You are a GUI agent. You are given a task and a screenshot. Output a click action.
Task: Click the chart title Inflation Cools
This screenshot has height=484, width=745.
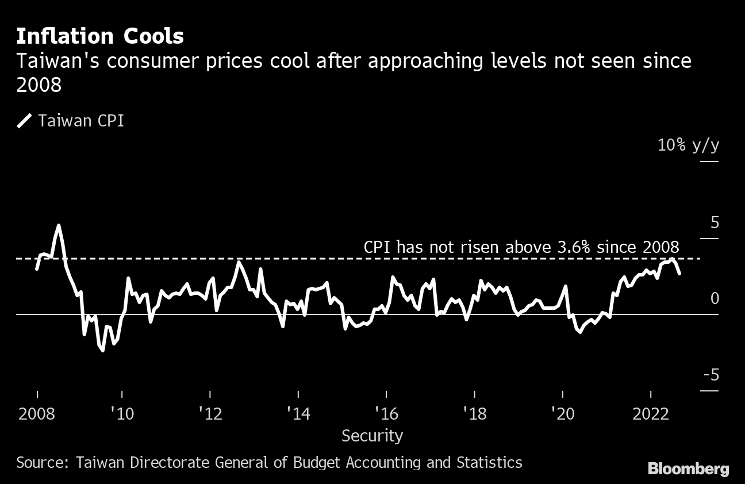click(100, 36)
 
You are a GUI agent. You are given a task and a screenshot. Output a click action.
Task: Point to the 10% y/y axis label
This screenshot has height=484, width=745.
click(688, 145)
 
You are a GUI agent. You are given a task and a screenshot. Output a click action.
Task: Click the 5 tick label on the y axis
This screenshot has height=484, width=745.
click(715, 223)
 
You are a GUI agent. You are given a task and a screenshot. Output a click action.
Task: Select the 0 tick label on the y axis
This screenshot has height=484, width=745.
click(715, 299)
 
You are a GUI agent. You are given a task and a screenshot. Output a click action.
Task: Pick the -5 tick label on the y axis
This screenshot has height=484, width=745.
click(711, 375)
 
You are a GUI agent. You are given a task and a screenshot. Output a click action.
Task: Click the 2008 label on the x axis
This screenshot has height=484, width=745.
click(37, 414)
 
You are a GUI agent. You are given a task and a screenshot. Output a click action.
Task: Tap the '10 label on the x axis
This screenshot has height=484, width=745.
click(122, 414)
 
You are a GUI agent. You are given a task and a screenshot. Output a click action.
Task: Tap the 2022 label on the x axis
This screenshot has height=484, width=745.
click(651, 414)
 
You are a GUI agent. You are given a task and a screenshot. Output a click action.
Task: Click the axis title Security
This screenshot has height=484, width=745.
click(372, 436)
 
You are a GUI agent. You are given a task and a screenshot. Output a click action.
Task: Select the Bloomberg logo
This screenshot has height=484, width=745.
click(688, 469)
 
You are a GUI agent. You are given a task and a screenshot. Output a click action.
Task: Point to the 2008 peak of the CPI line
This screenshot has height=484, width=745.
click(59, 225)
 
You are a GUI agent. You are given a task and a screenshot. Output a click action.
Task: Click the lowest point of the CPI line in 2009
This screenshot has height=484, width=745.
click(103, 350)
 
